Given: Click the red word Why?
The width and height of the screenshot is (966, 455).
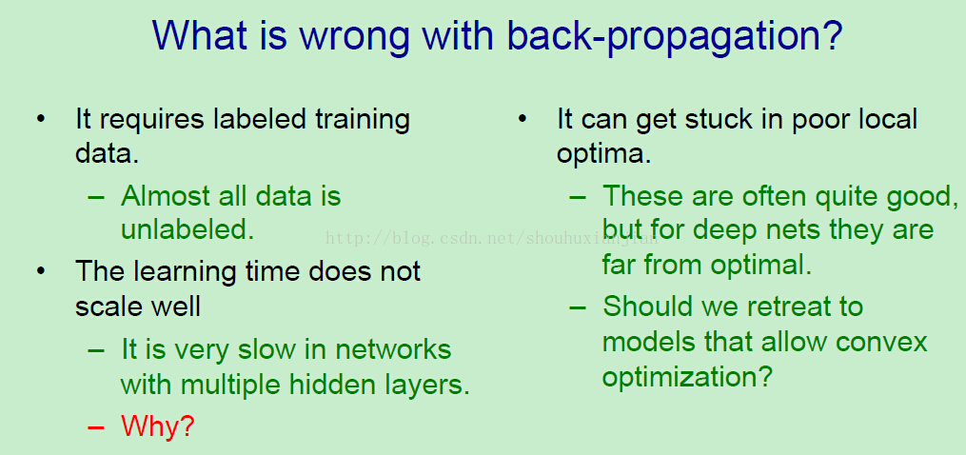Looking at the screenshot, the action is pos(158,426).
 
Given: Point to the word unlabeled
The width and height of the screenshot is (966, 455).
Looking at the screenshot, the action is pos(187,229).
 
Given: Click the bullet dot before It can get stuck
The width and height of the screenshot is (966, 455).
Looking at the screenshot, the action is pos(522,118).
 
